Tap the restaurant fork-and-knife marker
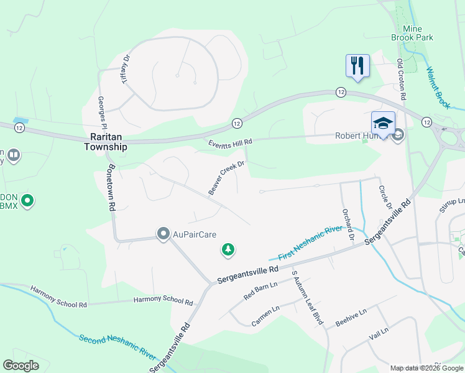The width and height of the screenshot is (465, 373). (x=357, y=65)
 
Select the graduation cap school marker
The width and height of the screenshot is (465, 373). (x=383, y=122)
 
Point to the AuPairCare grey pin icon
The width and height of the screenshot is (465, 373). (x=163, y=234)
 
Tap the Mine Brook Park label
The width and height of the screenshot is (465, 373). (x=412, y=34)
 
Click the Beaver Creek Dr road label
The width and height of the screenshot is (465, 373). (x=228, y=178)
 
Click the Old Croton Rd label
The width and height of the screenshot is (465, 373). (x=402, y=81)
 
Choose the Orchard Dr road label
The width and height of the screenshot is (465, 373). (x=347, y=224)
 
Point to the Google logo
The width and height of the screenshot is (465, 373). (x=21, y=366)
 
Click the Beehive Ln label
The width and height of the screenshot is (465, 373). (x=352, y=316)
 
